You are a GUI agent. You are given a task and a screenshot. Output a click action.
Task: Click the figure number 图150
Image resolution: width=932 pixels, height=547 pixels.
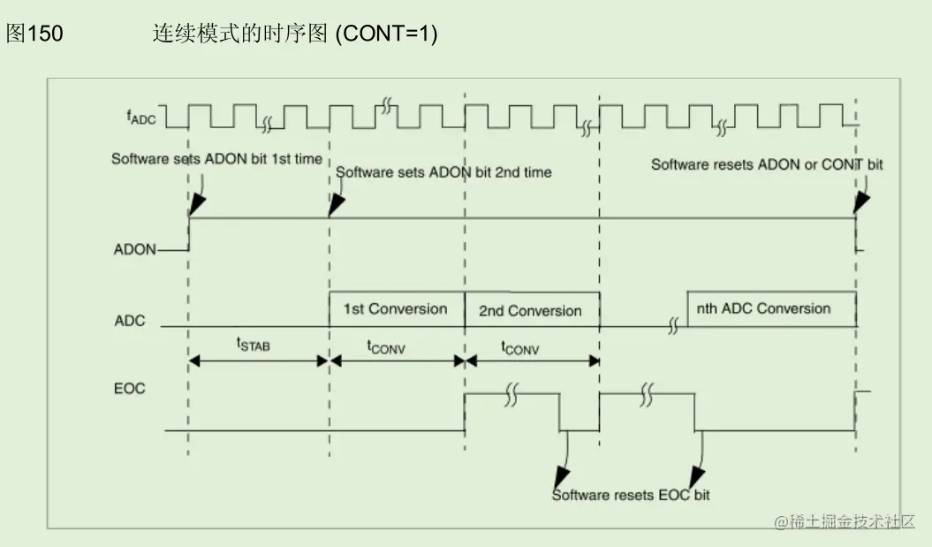34,34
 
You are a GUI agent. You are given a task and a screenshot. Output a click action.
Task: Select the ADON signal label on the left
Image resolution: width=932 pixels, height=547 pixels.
134,250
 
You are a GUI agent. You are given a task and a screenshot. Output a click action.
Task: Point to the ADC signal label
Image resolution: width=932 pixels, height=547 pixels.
130,321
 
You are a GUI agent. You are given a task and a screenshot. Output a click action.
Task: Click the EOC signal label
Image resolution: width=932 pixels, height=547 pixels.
130,389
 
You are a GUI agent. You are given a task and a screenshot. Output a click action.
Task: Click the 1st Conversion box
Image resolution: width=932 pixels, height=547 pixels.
395,309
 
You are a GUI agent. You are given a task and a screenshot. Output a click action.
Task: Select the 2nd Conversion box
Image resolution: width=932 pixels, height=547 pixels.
530,311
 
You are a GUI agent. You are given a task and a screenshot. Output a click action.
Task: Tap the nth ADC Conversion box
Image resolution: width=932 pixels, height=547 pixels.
763,309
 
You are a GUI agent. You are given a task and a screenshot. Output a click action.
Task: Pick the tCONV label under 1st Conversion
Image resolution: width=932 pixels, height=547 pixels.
387,347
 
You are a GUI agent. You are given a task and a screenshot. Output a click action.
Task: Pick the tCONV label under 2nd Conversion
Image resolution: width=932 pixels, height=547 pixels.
520,348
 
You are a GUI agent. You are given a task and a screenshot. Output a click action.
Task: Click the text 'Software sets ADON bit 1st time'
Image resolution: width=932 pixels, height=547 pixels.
216,159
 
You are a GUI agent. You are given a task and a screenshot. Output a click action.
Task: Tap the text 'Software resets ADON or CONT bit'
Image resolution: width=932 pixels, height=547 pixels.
767,164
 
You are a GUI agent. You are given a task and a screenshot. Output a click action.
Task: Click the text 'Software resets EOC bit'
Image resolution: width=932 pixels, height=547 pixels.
631,495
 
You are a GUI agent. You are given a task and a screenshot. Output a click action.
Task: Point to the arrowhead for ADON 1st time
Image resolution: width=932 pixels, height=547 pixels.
197,206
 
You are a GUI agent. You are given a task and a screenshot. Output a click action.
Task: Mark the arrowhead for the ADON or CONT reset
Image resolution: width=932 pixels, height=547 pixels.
861,202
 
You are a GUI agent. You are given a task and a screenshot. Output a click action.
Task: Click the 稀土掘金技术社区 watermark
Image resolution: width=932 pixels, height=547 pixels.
845,522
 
